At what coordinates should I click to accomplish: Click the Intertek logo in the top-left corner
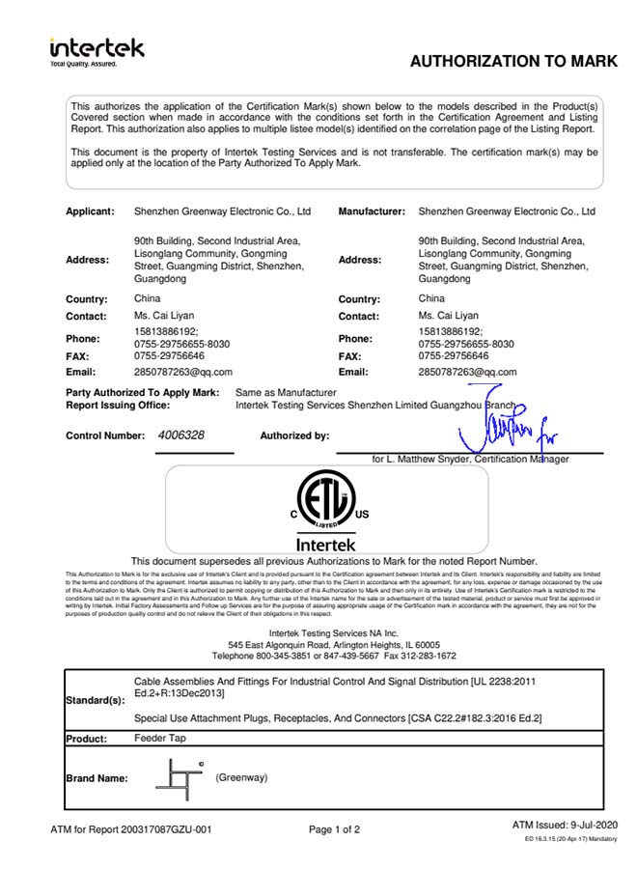tap(97, 51)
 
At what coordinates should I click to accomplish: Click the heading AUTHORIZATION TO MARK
tap(512, 62)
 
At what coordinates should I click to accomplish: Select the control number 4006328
tap(180, 435)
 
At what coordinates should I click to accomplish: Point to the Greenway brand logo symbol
tap(179, 778)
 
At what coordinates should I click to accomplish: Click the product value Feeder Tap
tap(159, 738)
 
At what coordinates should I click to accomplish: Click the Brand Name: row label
tap(97, 778)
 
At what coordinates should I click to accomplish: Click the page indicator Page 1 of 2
tap(334, 829)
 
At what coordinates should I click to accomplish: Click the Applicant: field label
tap(90, 210)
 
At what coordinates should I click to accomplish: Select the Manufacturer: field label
tap(371, 210)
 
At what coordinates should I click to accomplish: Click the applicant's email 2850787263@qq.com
tap(182, 371)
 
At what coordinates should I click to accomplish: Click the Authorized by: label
tap(294, 435)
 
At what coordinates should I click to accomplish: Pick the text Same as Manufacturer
tap(286, 393)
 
